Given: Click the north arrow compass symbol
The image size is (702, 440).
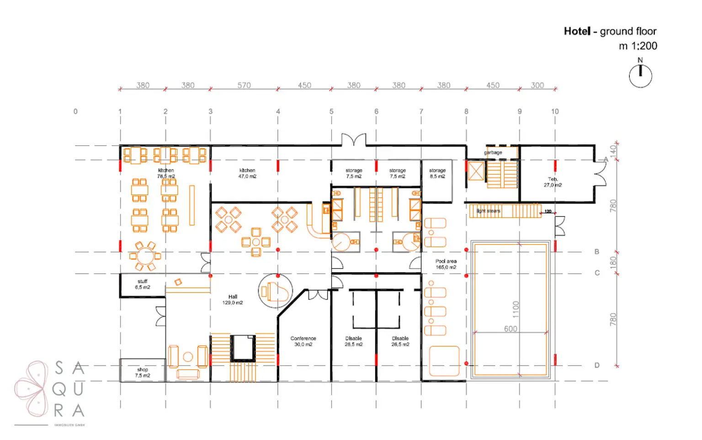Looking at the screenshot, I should click(x=640, y=75).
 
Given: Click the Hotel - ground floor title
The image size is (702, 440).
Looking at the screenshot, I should click(x=610, y=31).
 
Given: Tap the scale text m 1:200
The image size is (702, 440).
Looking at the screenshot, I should click(x=638, y=46).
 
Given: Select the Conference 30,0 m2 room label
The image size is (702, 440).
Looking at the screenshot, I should click(x=303, y=341).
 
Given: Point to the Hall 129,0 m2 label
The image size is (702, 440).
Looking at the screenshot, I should click(x=233, y=300).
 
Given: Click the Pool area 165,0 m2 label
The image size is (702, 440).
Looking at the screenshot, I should click(x=446, y=264).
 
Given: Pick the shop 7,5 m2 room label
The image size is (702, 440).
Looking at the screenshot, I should click(x=143, y=372).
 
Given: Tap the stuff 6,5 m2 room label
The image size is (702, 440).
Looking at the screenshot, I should click(x=143, y=284).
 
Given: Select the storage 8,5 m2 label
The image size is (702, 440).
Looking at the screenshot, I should click(x=437, y=173).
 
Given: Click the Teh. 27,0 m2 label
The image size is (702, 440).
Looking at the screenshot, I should click(x=553, y=182).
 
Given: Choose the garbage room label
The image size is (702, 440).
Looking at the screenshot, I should click(x=493, y=153).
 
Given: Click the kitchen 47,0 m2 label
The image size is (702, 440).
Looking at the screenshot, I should click(x=247, y=173).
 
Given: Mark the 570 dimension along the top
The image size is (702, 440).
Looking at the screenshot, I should click(x=244, y=85).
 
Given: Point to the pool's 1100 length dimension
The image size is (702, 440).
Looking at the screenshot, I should click(x=516, y=309).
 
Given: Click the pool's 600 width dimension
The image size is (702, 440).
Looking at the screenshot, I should click(x=511, y=329).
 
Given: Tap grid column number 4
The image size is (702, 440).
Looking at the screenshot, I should click(x=278, y=111).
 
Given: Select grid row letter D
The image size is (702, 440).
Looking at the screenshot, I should click(x=597, y=365).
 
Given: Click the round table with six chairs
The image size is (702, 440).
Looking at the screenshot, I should click(x=145, y=256).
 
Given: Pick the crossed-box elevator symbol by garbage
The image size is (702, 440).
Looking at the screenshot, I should click(x=476, y=171).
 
